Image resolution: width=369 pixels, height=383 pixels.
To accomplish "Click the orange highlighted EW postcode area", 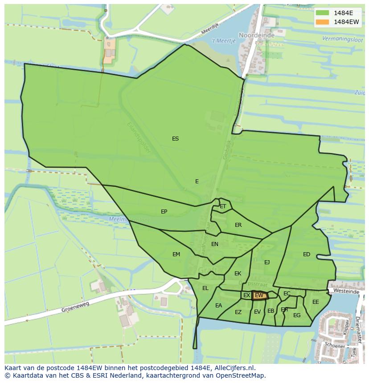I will (x=259, y=295).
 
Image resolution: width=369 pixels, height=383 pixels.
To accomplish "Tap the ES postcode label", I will (x=176, y=139).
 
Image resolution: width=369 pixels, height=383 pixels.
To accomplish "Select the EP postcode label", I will (x=164, y=212).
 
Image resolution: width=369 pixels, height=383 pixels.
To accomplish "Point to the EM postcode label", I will (x=176, y=254).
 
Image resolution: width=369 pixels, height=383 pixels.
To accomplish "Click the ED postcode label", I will (x=307, y=254).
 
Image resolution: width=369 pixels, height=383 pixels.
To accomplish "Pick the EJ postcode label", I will (x=267, y=262).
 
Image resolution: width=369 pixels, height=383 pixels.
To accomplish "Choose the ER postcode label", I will (x=238, y=225).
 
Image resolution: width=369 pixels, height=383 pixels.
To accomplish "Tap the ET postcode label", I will (x=223, y=206).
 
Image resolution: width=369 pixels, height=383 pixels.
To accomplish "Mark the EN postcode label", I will (x=215, y=244).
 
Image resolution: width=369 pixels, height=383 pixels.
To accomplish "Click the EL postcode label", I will (x=205, y=288).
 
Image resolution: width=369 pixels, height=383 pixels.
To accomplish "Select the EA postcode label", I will (x=218, y=306).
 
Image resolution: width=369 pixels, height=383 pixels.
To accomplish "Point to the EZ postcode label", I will (x=238, y=312).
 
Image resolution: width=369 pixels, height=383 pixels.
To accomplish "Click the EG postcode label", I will (x=297, y=315).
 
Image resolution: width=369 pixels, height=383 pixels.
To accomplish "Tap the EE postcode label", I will (x=316, y=302).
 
